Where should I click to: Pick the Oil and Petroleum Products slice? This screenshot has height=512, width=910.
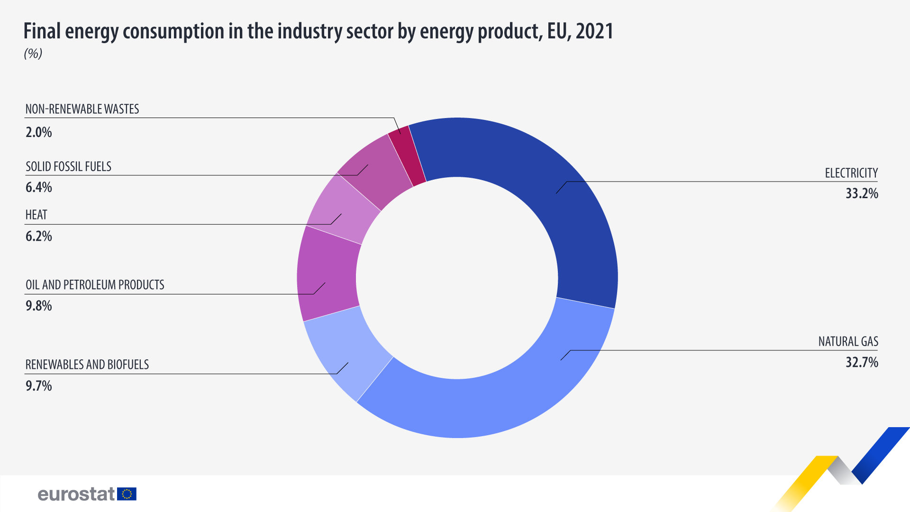click(x=327, y=275)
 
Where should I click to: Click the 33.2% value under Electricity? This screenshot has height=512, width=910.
click(x=862, y=193)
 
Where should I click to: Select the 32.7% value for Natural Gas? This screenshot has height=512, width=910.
click(x=862, y=363)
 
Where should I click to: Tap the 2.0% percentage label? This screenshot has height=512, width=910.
click(x=39, y=132)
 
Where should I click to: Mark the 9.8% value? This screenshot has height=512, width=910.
click(x=39, y=306)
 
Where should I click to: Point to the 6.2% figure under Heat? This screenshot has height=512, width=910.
click(x=39, y=236)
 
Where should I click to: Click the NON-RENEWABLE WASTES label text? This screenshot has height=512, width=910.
click(x=82, y=110)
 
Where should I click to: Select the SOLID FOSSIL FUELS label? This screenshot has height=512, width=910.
click(x=68, y=167)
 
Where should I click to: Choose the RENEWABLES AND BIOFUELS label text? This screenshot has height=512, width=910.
click(x=87, y=365)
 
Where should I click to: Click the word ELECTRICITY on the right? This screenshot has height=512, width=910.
click(x=851, y=173)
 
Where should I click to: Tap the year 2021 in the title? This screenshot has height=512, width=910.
click(x=594, y=31)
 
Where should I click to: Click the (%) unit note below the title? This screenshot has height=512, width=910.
click(x=33, y=54)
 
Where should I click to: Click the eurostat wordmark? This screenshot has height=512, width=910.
click(x=76, y=494)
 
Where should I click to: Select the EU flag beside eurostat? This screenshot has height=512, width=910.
click(x=127, y=494)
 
